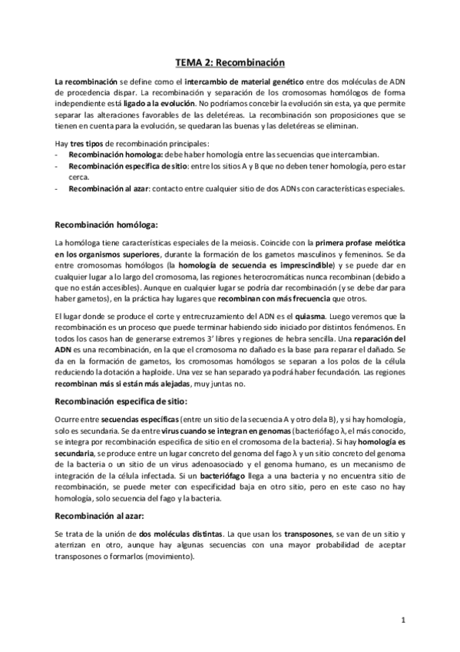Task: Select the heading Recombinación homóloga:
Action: [x=105, y=225]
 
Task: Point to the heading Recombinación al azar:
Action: [x=101, y=516]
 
